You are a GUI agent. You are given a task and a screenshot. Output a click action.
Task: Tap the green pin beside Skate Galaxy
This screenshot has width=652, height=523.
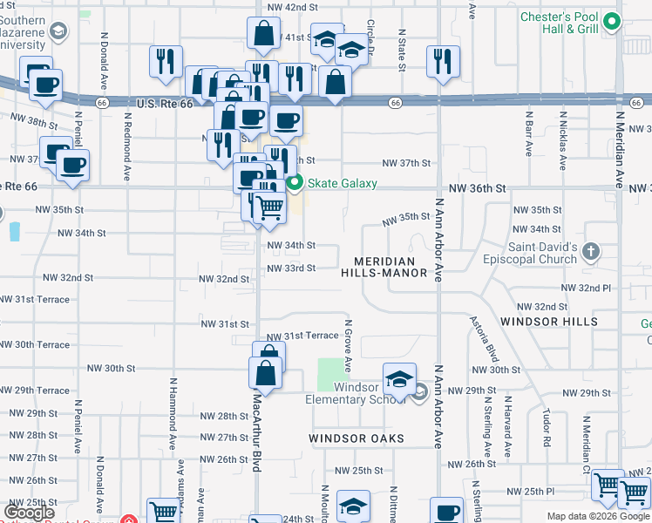295,183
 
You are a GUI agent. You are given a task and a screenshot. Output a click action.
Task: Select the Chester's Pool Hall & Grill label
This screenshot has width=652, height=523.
559,23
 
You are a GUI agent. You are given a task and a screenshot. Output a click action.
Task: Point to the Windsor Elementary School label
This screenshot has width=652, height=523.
356,393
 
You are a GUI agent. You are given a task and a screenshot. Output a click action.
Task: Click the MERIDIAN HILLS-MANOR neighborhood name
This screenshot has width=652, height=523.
391,268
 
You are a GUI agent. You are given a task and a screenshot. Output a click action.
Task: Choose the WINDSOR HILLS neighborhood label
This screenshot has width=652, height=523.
549,322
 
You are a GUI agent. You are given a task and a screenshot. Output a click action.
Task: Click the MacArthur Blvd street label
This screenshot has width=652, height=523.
257,422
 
